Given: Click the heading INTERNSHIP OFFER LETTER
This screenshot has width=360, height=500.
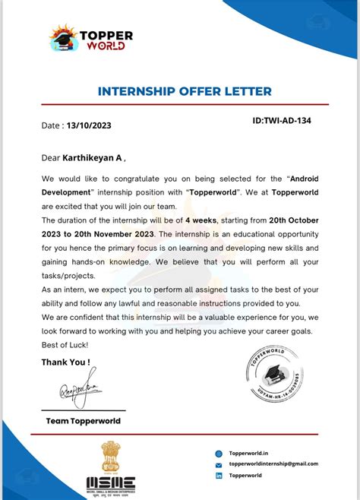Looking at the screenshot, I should click(185, 92).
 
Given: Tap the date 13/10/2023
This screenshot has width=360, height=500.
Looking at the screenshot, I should click(89, 126).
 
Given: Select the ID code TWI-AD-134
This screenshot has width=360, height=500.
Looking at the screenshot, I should click(281, 120).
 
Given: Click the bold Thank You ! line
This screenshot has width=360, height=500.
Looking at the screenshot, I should click(66, 362).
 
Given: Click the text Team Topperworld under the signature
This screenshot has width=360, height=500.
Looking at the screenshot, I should click(83, 420).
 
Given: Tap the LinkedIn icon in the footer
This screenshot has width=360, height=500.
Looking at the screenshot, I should click(219, 476).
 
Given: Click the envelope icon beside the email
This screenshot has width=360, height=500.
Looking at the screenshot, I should click(219, 464).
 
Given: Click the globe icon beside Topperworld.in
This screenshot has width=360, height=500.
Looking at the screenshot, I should click(219, 452).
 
